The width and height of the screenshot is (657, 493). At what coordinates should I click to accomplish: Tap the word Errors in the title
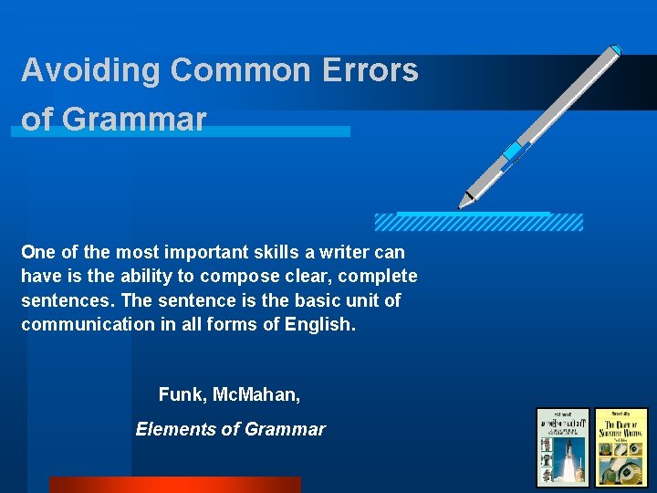[x=374, y=70]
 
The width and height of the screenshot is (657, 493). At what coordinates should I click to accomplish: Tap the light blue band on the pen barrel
[x=516, y=151]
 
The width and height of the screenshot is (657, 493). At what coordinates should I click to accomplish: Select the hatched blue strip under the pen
[x=478, y=222]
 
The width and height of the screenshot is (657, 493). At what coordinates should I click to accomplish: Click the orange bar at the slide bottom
[x=174, y=485]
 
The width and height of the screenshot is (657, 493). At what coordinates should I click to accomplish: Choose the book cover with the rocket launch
[x=562, y=447]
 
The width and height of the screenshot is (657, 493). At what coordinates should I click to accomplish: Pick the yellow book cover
[x=621, y=447]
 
